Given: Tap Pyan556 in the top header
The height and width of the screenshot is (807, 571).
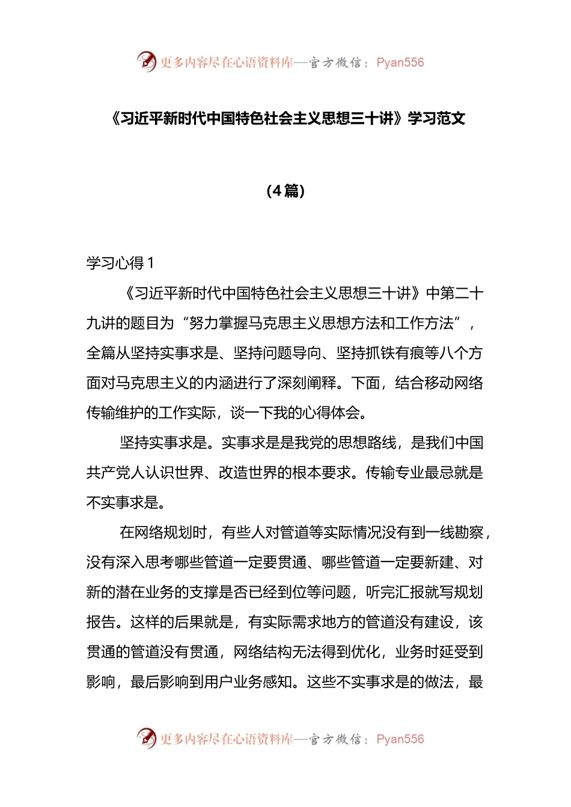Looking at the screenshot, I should [x=400, y=62].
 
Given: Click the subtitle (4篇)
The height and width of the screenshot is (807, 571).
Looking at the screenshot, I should [x=285, y=191].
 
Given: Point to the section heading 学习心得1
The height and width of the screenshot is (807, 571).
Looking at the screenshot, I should [x=120, y=263].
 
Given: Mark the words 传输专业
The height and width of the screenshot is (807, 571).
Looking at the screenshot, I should [x=395, y=473].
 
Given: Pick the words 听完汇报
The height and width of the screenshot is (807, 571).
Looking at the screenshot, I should [x=395, y=592].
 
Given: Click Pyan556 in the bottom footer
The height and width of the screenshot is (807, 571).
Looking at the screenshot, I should [x=400, y=739].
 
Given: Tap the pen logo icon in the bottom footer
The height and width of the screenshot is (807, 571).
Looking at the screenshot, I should [x=146, y=738].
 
